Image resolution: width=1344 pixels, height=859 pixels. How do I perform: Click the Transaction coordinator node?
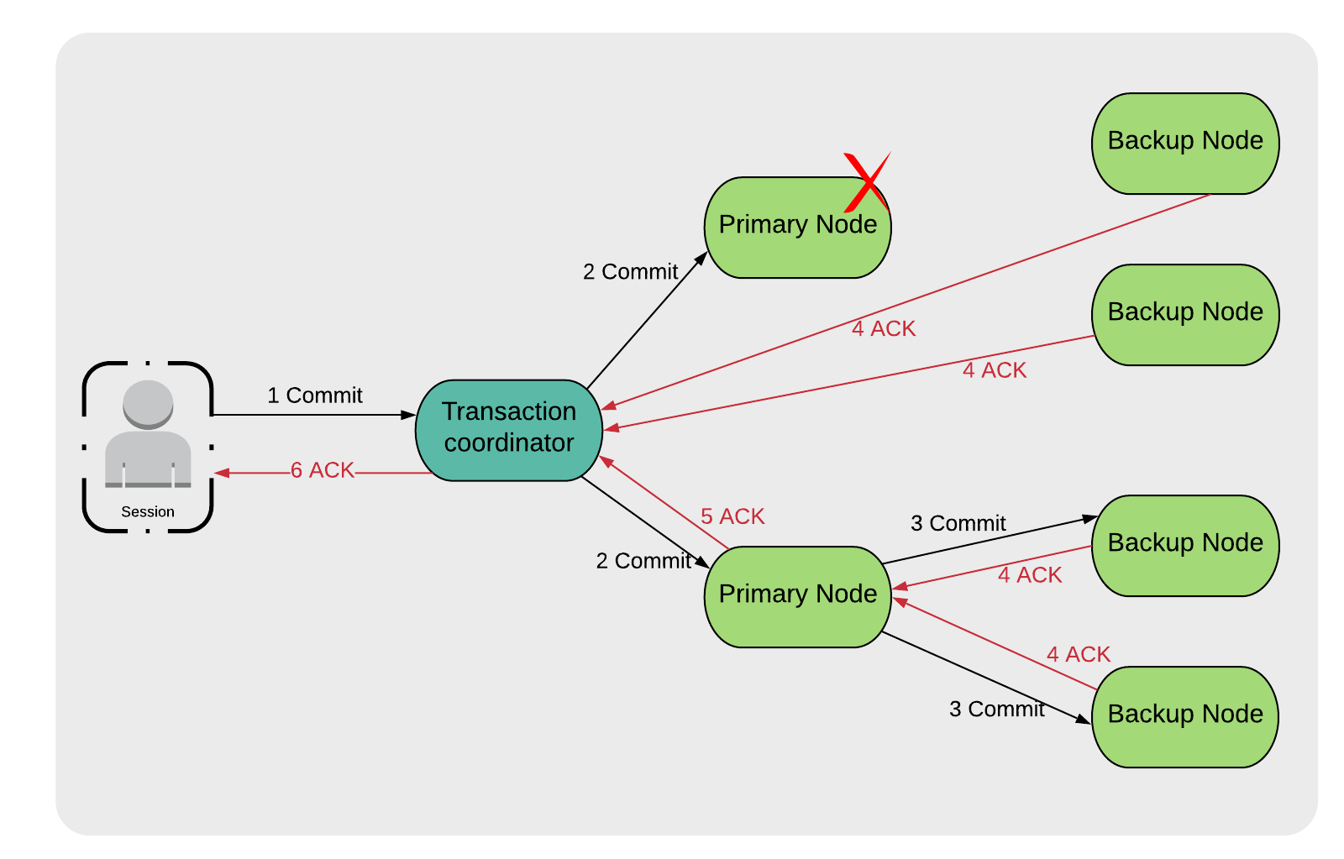[x=509, y=430]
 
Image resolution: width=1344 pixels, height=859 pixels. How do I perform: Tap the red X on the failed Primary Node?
[x=866, y=182]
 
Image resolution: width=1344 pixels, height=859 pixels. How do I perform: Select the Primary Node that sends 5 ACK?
[x=797, y=596]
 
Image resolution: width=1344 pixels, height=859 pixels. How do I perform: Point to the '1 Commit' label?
[x=315, y=395]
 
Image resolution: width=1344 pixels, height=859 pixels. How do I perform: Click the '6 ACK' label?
[x=323, y=470]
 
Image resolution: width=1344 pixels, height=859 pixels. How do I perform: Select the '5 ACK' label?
[x=732, y=516]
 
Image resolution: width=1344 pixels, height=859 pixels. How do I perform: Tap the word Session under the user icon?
[x=148, y=511]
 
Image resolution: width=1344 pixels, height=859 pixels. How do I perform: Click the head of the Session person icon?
[x=148, y=404]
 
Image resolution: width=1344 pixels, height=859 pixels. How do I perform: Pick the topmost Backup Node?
[x=1184, y=143]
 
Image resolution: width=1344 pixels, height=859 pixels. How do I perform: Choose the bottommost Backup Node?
[x=1184, y=716]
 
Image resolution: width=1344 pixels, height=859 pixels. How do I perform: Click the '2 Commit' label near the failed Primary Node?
[x=630, y=272]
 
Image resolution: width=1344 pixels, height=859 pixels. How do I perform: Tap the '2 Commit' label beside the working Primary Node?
[x=643, y=561]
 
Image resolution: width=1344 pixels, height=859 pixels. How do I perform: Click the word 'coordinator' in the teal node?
[x=509, y=443]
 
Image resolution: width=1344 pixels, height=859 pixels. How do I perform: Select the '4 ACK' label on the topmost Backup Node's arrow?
[x=884, y=329]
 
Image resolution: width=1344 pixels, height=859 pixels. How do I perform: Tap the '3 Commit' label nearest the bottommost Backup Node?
[x=996, y=710]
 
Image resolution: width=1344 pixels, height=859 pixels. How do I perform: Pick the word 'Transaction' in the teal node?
[x=509, y=411]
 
